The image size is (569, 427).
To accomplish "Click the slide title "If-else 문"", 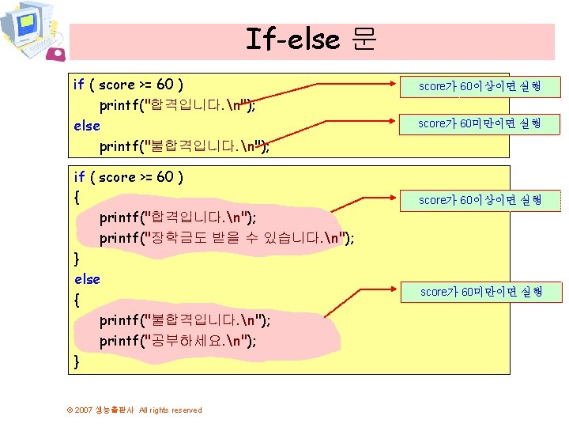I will coord(311,39).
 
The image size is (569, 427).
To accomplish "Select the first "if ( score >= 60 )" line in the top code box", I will coord(129,84).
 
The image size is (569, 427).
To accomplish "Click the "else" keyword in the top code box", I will coord(86,126).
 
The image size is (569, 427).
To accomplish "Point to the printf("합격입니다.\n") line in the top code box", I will coord(176,105).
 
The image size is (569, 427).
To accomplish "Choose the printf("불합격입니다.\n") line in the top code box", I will coord(184,147).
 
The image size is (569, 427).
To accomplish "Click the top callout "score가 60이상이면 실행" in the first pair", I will coord(480,86).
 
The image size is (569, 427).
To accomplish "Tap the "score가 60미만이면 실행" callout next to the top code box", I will coord(479,123).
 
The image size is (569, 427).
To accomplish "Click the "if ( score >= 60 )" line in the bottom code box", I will coord(129,177).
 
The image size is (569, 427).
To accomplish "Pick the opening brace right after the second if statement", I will coord(76,196).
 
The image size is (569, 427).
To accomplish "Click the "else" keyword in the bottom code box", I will coord(87,279).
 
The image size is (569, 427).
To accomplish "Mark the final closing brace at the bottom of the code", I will coord(76,361).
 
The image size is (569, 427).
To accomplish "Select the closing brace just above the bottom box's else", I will coord(76,258).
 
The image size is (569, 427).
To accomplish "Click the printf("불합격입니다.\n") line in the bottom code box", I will coord(184,320).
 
